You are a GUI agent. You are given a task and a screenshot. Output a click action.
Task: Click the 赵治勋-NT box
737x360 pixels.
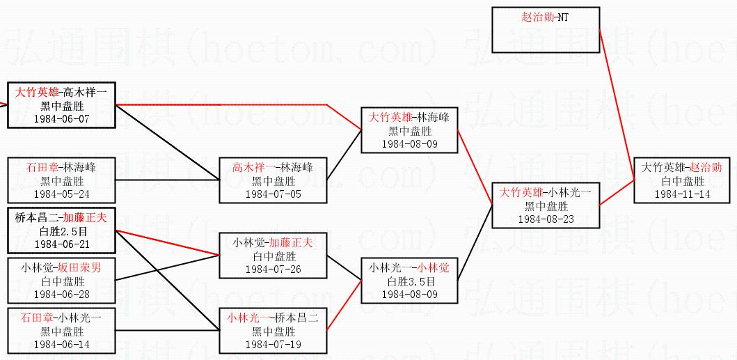pyautogui.click(x=546, y=29)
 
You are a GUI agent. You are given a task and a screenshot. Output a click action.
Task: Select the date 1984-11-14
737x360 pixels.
pyautogui.click(x=682, y=194)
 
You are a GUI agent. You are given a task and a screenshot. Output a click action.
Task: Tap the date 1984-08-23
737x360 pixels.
pyautogui.click(x=545, y=219)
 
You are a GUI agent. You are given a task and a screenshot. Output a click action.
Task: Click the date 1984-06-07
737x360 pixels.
pyautogui.click(x=62, y=119)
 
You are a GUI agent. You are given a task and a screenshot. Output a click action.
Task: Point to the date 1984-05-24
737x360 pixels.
pyautogui.click(x=62, y=194)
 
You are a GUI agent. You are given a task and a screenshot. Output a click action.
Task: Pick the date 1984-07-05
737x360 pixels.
pyautogui.click(x=273, y=194)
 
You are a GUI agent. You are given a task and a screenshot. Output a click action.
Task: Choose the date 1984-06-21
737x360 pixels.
pyautogui.click(x=62, y=244)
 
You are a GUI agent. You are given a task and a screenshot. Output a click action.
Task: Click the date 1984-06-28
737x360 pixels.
pyautogui.click(x=62, y=295)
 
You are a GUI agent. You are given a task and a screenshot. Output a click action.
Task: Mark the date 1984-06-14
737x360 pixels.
pyautogui.click(x=62, y=345)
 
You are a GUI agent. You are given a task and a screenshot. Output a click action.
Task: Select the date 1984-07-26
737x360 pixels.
pyautogui.click(x=273, y=269)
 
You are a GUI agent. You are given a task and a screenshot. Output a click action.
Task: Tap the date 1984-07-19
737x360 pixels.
pyautogui.click(x=273, y=345)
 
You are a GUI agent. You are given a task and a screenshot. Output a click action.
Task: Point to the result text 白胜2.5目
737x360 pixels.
pyautogui.click(x=62, y=232)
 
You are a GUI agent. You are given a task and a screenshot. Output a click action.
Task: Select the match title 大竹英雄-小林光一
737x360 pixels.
pyautogui.click(x=545, y=194)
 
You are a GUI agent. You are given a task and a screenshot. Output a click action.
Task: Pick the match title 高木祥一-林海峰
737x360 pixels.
pyautogui.click(x=273, y=169)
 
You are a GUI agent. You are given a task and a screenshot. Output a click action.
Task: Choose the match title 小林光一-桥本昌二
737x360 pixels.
pyautogui.click(x=273, y=319)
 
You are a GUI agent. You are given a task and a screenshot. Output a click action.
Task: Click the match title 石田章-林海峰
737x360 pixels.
pyautogui.click(x=62, y=169)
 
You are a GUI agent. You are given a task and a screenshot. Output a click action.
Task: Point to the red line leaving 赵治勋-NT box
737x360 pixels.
pyautogui.click(x=617, y=104)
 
